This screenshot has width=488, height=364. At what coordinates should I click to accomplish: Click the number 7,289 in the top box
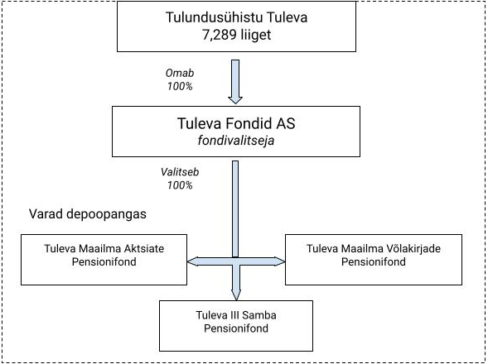pos(219,35)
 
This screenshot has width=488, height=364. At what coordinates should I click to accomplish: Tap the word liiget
pos(255,35)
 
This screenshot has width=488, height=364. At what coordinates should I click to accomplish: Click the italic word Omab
pos(180,73)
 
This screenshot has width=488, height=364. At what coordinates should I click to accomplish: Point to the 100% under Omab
pos(180,86)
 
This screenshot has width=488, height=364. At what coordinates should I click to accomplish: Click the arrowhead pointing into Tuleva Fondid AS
pos(235,100)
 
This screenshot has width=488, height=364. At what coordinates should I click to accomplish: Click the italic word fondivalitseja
pos(236,141)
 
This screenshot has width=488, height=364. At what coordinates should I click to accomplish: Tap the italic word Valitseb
pos(180,172)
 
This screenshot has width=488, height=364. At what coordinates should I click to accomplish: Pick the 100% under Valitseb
pos(180,185)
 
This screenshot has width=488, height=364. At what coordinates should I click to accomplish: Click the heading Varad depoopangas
pos(88,214)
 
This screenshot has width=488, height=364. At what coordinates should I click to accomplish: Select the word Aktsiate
pos(144,249)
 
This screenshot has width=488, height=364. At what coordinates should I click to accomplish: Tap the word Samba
pos(259,315)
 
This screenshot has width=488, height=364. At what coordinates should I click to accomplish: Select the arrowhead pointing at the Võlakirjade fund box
pos(279,261)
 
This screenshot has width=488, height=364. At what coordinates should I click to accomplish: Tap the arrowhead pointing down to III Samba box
pos(236,295)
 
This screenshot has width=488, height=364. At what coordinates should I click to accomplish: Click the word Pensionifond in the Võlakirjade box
pos(374,261)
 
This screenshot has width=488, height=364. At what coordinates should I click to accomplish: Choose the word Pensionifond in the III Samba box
pos(236,328)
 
